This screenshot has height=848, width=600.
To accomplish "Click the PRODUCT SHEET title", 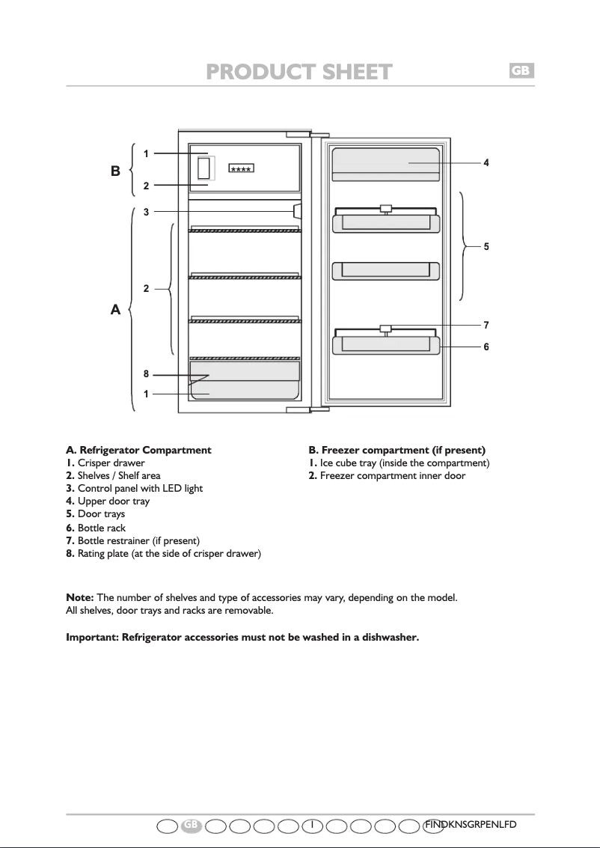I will pyautogui.click(x=299, y=72).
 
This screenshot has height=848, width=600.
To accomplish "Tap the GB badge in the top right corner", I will pyautogui.click(x=521, y=70).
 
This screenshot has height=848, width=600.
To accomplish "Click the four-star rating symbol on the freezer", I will pyautogui.click(x=241, y=168).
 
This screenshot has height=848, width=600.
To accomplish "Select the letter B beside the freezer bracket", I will pyautogui.click(x=116, y=171).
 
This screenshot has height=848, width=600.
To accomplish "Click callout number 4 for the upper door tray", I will pyautogui.click(x=486, y=162).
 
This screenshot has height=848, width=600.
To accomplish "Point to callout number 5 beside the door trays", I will pyautogui.click(x=486, y=245).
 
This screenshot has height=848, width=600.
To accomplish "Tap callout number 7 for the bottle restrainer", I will pyautogui.click(x=486, y=326).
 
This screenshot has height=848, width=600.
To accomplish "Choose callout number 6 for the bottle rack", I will pyautogui.click(x=486, y=347).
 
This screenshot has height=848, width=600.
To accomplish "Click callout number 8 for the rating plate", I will pyautogui.click(x=147, y=374).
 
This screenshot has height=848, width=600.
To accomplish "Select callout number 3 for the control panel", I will pyautogui.click(x=147, y=212).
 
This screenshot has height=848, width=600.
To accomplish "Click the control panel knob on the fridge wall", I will pyautogui.click(x=297, y=211).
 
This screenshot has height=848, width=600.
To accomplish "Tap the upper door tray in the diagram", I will pyautogui.click(x=385, y=164).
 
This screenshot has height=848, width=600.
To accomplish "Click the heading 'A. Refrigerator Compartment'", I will pyautogui.click(x=139, y=451).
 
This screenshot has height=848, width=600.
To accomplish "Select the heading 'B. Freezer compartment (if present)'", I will pyautogui.click(x=397, y=451).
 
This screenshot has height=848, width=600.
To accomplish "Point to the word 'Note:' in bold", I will pyautogui.click(x=80, y=597).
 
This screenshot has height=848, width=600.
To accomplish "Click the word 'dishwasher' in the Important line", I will pyautogui.click(x=383, y=637).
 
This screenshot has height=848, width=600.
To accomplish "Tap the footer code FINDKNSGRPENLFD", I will pyautogui.click(x=471, y=824).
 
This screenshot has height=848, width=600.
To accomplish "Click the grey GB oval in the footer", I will pyautogui.click(x=192, y=824).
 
